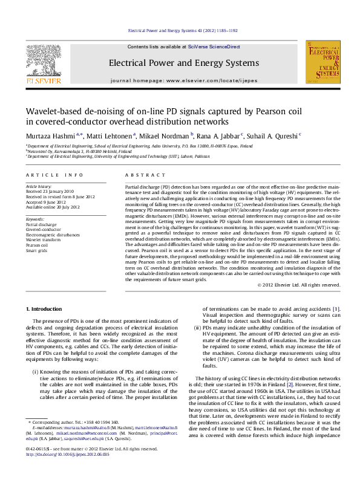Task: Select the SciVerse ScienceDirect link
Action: pos(214,47)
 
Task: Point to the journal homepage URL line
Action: pos(183,80)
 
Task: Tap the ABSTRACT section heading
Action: pos(137,175)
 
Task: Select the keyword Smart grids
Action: pos(36,251)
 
